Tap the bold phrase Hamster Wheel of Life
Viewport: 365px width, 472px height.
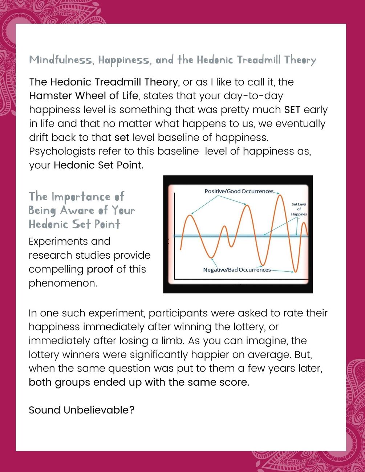pyautogui.click(x=84, y=96)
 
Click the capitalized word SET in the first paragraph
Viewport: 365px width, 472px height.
pyautogui.click(x=292, y=110)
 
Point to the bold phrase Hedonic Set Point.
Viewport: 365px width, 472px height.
pyautogui.click(x=98, y=165)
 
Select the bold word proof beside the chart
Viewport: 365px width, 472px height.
pyautogui.click(x=100, y=269)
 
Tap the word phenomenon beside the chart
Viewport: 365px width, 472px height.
pyautogui.click(x=63, y=283)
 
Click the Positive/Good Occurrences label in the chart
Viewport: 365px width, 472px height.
pyautogui.click(x=239, y=191)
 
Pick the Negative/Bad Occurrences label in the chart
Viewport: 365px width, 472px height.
pyautogui.click(x=237, y=270)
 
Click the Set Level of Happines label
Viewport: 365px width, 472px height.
pyautogui.click(x=299, y=209)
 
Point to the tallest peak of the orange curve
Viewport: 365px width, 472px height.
pyautogui.click(x=280, y=196)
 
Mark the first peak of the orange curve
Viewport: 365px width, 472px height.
pyautogui.click(x=189, y=216)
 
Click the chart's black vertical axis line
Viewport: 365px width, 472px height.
pyautogui.click(x=175, y=236)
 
